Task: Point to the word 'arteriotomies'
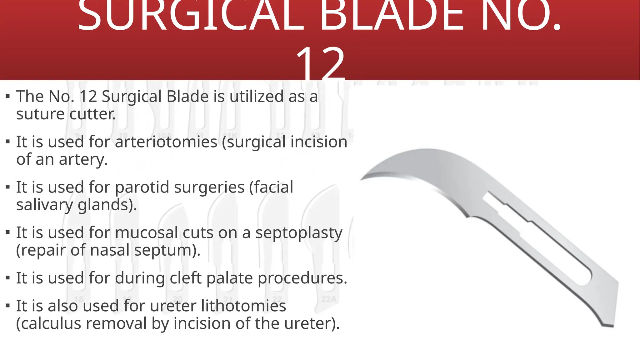click(166, 142)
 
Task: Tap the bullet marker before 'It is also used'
click(8, 306)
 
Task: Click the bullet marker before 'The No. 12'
click(8, 96)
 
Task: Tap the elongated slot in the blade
click(537, 237)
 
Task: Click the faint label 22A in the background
click(329, 299)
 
